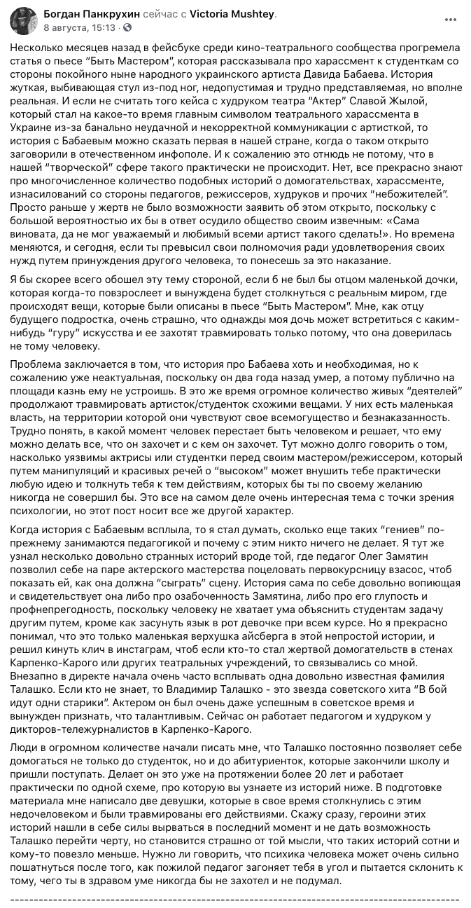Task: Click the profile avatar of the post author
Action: (22, 21)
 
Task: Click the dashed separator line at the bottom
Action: (235, 898)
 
